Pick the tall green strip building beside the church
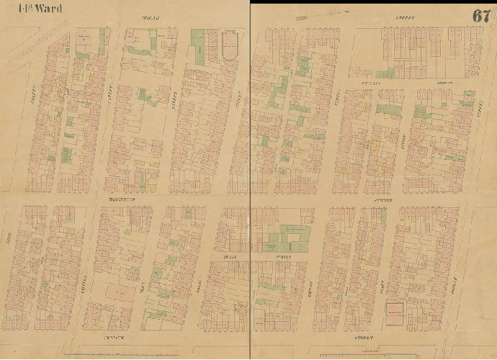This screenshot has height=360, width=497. click(197, 47)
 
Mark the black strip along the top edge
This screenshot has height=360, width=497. click(375, 2)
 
